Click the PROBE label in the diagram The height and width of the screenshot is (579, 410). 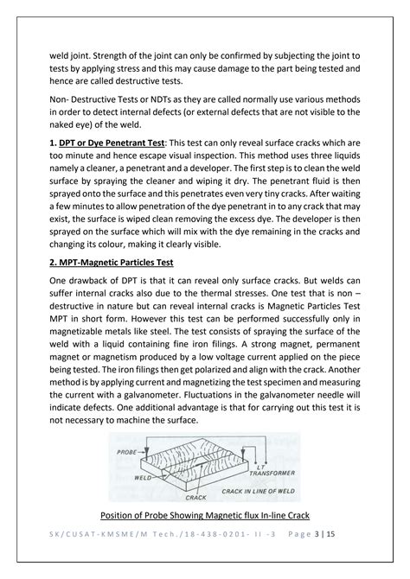pyautogui.click(x=125, y=445)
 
